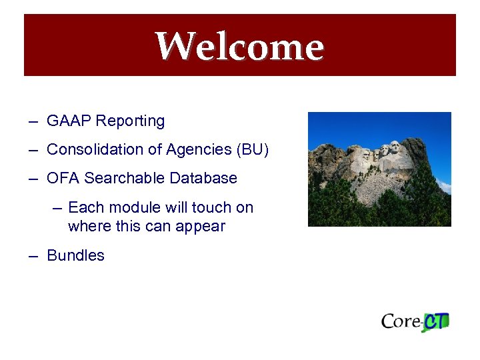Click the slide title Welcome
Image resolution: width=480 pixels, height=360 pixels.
pyautogui.click(x=239, y=47)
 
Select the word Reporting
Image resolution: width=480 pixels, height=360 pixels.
pyautogui.click(x=130, y=121)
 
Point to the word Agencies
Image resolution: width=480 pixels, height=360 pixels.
pyautogui.click(x=199, y=150)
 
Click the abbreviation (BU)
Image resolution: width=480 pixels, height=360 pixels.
pyautogui.click(x=253, y=150)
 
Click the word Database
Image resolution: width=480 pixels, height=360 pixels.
pyautogui.click(x=203, y=179)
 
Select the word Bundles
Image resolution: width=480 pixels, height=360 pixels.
pyautogui.click(x=76, y=256)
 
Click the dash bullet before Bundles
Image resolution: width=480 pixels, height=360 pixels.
pyautogui.click(x=33, y=256)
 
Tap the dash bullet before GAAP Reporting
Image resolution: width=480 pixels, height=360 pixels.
pyautogui.click(x=33, y=122)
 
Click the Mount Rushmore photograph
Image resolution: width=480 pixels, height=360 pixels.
pyautogui.click(x=379, y=169)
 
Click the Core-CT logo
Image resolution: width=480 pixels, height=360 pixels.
pyautogui.click(x=415, y=321)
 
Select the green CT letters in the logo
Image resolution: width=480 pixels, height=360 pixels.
pyautogui.click(x=437, y=321)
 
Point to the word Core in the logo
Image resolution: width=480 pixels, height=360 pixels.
pyautogui.click(x=401, y=321)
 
